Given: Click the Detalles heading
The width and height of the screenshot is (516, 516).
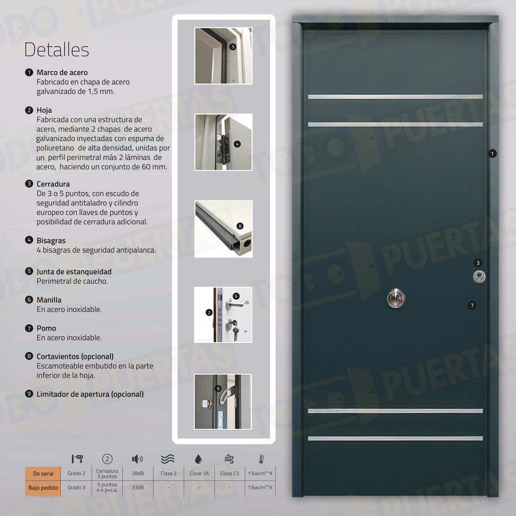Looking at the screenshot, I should [x=56, y=49].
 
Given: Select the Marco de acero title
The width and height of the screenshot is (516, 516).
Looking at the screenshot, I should [x=62, y=72].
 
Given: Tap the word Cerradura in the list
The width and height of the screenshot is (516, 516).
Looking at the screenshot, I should [x=53, y=184].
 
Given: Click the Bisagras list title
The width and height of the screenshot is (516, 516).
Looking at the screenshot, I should [x=51, y=240].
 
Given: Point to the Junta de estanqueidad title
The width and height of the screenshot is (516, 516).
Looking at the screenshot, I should [x=74, y=272].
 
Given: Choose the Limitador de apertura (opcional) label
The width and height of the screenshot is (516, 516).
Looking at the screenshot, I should [x=90, y=394].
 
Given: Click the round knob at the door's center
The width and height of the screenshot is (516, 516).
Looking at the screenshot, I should [x=396, y=299].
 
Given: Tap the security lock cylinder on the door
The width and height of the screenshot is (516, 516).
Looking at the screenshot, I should [x=479, y=276].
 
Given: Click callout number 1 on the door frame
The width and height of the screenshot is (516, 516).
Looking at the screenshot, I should [x=492, y=154].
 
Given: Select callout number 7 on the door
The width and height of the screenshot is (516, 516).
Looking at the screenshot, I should [x=472, y=306].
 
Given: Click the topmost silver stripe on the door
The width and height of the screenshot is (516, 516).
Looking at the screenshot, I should [x=395, y=97].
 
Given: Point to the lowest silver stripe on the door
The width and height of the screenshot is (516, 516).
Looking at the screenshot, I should [x=395, y=439].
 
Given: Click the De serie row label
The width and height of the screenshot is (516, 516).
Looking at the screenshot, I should [x=43, y=473].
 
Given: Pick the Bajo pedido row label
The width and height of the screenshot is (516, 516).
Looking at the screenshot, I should [x=43, y=488].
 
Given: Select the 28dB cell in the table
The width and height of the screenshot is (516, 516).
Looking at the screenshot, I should [x=138, y=473].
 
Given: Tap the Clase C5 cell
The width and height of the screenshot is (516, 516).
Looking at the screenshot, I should [x=230, y=473].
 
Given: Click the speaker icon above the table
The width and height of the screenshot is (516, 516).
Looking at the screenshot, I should [x=137, y=459].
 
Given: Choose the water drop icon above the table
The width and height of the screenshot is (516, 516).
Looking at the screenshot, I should [x=198, y=459].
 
